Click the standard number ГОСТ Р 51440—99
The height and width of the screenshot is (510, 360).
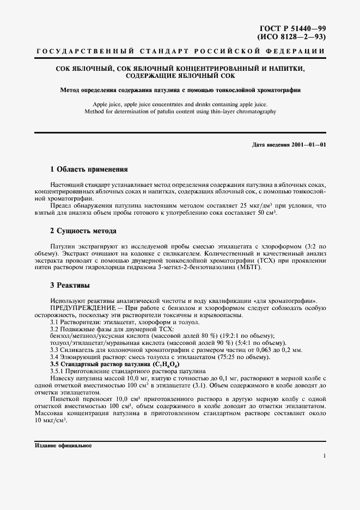click(x=292, y=28)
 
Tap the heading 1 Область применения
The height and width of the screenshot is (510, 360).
click(x=89, y=169)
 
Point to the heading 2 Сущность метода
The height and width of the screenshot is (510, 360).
click(x=83, y=231)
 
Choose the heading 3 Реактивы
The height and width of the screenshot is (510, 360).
click(x=70, y=285)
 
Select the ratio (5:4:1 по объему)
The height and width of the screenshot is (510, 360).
click(x=253, y=343)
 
